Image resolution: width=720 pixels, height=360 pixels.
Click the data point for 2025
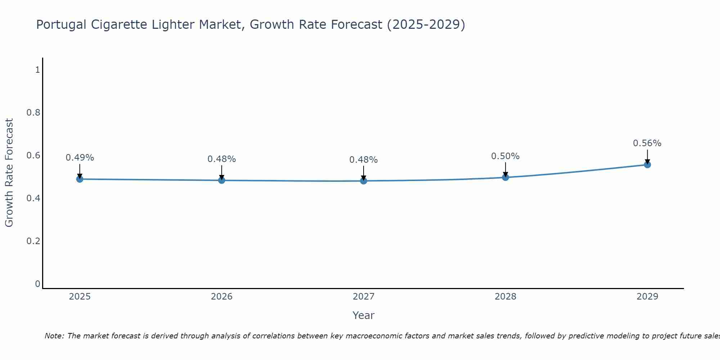(x=80, y=179)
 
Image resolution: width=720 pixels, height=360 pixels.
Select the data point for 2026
(x=222, y=180)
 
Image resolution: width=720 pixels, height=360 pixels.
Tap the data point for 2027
(x=364, y=181)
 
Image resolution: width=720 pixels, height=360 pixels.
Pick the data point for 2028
(x=505, y=177)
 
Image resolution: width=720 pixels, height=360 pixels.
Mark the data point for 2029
(x=647, y=165)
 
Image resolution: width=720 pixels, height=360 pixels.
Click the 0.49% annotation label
(x=80, y=158)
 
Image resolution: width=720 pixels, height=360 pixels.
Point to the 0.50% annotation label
(x=505, y=156)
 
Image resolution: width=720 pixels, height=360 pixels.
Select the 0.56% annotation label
(x=647, y=143)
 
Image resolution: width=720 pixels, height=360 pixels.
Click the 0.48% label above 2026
(x=222, y=159)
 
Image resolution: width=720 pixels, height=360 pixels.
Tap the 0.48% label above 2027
(x=364, y=160)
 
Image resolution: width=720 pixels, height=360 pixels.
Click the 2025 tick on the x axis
(x=80, y=297)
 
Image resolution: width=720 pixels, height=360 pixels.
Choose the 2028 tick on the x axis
(x=505, y=297)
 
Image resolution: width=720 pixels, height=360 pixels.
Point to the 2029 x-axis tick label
(x=647, y=297)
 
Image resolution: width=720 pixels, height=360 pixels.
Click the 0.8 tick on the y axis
(x=33, y=113)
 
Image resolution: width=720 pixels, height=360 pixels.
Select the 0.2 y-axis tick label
(x=33, y=241)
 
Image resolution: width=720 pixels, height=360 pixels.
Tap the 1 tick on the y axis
(x=37, y=70)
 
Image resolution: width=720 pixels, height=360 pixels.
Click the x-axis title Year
(x=364, y=315)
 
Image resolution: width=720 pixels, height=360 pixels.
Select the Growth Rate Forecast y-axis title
(x=9, y=173)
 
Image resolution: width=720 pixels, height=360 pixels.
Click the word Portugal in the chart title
(x=61, y=25)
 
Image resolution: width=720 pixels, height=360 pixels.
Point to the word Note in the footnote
(x=54, y=336)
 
